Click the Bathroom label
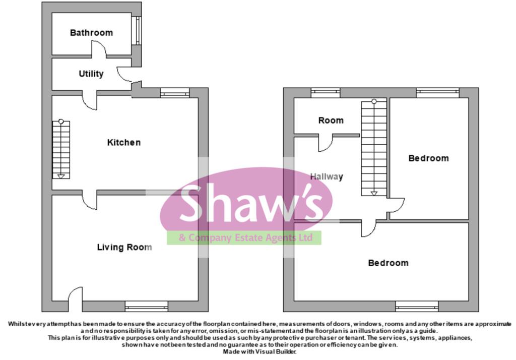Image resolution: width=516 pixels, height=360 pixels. coord(91,33)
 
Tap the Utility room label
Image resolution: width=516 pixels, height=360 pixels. coord(91,74)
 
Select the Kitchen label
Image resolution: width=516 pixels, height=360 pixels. coord(124,142)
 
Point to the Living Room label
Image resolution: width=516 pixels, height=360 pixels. coord(124,247)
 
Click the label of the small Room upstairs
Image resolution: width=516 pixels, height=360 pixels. coord(331,120)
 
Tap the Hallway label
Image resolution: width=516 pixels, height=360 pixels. coord(327,176)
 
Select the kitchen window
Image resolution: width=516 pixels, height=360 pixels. coord(175,93)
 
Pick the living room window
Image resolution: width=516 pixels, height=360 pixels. coord(147,307)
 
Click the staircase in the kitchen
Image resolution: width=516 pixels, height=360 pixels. coord(61,150)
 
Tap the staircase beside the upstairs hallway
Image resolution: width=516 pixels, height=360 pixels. coord(374,148)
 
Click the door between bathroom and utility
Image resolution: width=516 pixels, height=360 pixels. coord(99,49)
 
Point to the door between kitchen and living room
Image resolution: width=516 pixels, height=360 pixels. coord(90,200)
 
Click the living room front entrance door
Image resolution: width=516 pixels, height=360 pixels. coord(75,298)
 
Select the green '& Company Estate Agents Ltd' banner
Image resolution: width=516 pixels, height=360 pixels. coord(244,237)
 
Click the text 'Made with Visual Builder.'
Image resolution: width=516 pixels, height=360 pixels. coord(260,352)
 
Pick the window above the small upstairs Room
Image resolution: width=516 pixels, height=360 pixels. coord(326,93)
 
